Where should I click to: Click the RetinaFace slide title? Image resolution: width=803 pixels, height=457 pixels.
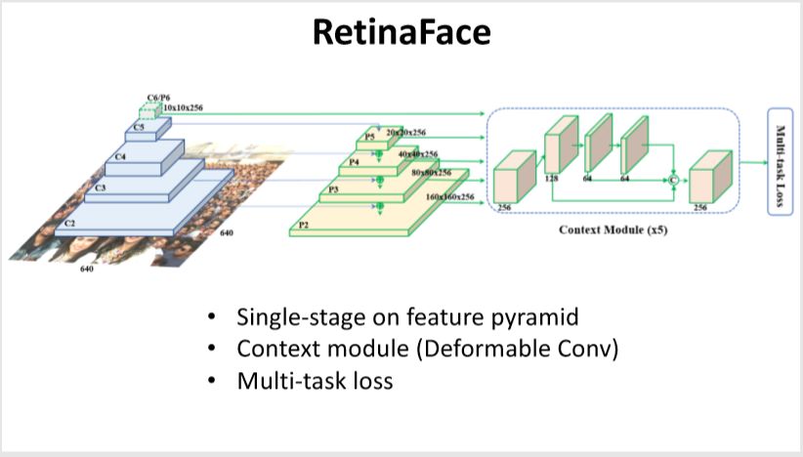tap(401, 34)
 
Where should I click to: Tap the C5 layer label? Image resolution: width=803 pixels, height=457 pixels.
tap(140, 127)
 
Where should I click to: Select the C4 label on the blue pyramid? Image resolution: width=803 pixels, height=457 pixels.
tap(120, 155)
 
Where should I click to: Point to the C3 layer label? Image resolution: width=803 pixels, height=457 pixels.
tap(100, 187)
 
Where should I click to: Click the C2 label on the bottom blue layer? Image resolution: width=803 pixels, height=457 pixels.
tap(70, 223)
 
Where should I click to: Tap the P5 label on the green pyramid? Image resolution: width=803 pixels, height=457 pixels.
tap(369, 138)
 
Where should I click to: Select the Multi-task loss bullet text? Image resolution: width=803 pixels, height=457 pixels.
tap(315, 380)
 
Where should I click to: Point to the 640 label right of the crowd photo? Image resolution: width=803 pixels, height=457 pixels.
tap(228, 233)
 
